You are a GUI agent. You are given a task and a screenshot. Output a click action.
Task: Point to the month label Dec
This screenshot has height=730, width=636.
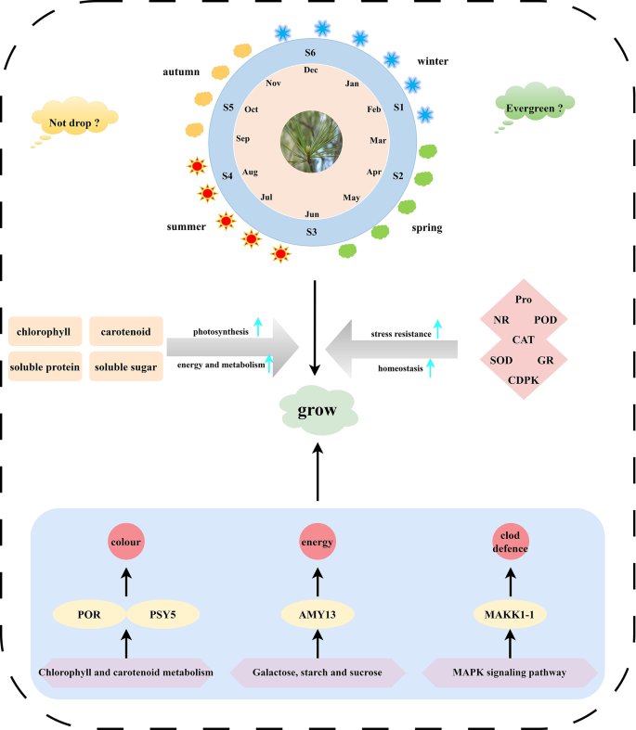(x=311, y=70)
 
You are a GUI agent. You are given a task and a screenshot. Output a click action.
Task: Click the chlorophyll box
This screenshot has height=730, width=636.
(x=45, y=331)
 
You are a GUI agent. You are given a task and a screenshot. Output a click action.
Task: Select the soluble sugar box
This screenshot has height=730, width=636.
(x=125, y=367)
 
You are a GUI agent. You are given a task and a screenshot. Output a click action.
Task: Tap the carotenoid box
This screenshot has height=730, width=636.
(x=125, y=331)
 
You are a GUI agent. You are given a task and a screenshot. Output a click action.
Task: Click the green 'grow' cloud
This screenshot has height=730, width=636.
(x=318, y=409)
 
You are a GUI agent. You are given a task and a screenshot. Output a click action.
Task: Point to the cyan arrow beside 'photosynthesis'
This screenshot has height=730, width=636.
(x=259, y=327)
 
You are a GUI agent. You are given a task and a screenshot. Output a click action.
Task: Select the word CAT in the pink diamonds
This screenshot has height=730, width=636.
(x=523, y=339)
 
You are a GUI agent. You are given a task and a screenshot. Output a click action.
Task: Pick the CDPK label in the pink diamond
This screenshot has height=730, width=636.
(x=523, y=379)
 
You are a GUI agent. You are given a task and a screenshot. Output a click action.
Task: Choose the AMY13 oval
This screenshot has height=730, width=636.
(x=318, y=614)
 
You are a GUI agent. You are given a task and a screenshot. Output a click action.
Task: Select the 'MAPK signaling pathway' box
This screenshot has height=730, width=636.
(x=511, y=672)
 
